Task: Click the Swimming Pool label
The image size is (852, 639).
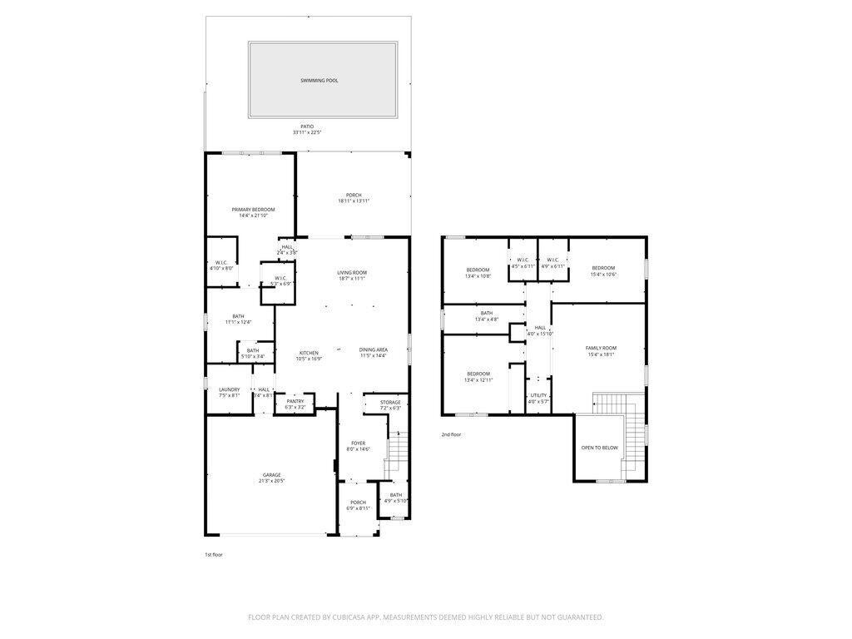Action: pyautogui.click(x=319, y=81)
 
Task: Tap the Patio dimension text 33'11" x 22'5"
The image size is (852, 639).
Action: pyautogui.click(x=308, y=132)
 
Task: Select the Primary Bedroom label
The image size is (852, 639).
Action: pyautogui.click(x=253, y=210)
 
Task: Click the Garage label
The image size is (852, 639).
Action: pyautogui.click(x=271, y=475)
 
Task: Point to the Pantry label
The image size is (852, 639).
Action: pyautogui.click(x=295, y=401)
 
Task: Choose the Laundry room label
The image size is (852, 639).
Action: pyautogui.click(x=229, y=389)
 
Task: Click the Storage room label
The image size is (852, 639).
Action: pyautogui.click(x=390, y=403)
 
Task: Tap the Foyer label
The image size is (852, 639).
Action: pyautogui.click(x=358, y=443)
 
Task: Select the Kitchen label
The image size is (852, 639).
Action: pyautogui.click(x=309, y=353)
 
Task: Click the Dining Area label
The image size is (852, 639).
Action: pyautogui.click(x=374, y=349)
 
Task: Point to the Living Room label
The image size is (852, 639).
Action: pyautogui.click(x=352, y=273)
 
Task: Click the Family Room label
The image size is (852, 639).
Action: pyautogui.click(x=601, y=348)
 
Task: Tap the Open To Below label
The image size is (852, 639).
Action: pyautogui.click(x=599, y=448)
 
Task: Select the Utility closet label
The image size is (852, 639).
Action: pyautogui.click(x=538, y=395)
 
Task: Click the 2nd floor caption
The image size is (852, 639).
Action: pyautogui.click(x=451, y=434)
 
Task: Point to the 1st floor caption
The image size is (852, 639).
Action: pyautogui.click(x=214, y=554)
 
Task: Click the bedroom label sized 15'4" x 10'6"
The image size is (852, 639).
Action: pyautogui.click(x=603, y=268)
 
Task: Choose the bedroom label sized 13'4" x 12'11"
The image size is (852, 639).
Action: pyautogui.click(x=478, y=374)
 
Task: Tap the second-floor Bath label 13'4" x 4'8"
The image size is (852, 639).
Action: pyautogui.click(x=486, y=313)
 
